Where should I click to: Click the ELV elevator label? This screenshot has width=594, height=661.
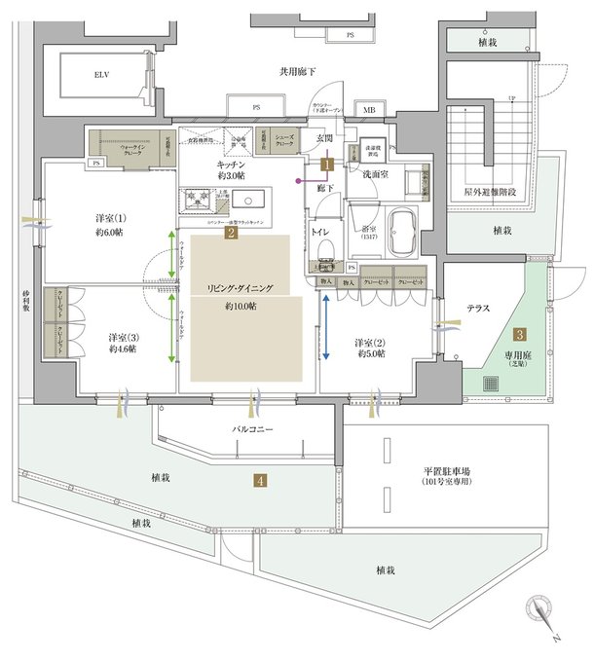[101, 74]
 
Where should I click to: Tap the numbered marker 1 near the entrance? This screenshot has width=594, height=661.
[329, 165]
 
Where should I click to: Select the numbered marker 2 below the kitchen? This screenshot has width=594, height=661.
[231, 233]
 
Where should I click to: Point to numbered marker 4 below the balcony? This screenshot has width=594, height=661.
[261, 479]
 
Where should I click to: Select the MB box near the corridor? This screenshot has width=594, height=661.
[369, 110]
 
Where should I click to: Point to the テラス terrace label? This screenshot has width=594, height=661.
[477, 308]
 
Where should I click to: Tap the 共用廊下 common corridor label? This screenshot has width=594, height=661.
[297, 71]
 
